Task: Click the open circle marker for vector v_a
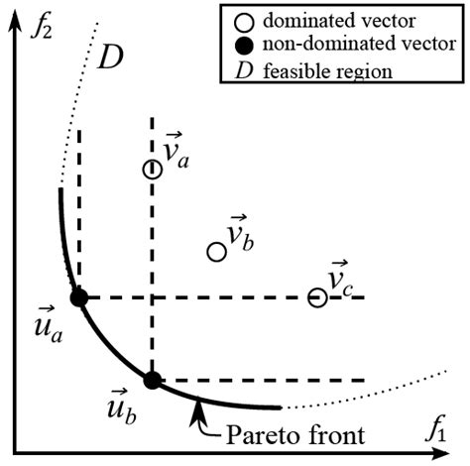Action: (151, 170)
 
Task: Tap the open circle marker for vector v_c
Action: (317, 297)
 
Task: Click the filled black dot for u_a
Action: (79, 297)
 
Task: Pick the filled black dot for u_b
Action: (151, 379)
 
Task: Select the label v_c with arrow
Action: (341, 281)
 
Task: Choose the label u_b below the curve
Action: (122, 407)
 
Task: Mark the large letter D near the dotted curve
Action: (111, 58)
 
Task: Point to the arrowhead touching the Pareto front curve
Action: (200, 402)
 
